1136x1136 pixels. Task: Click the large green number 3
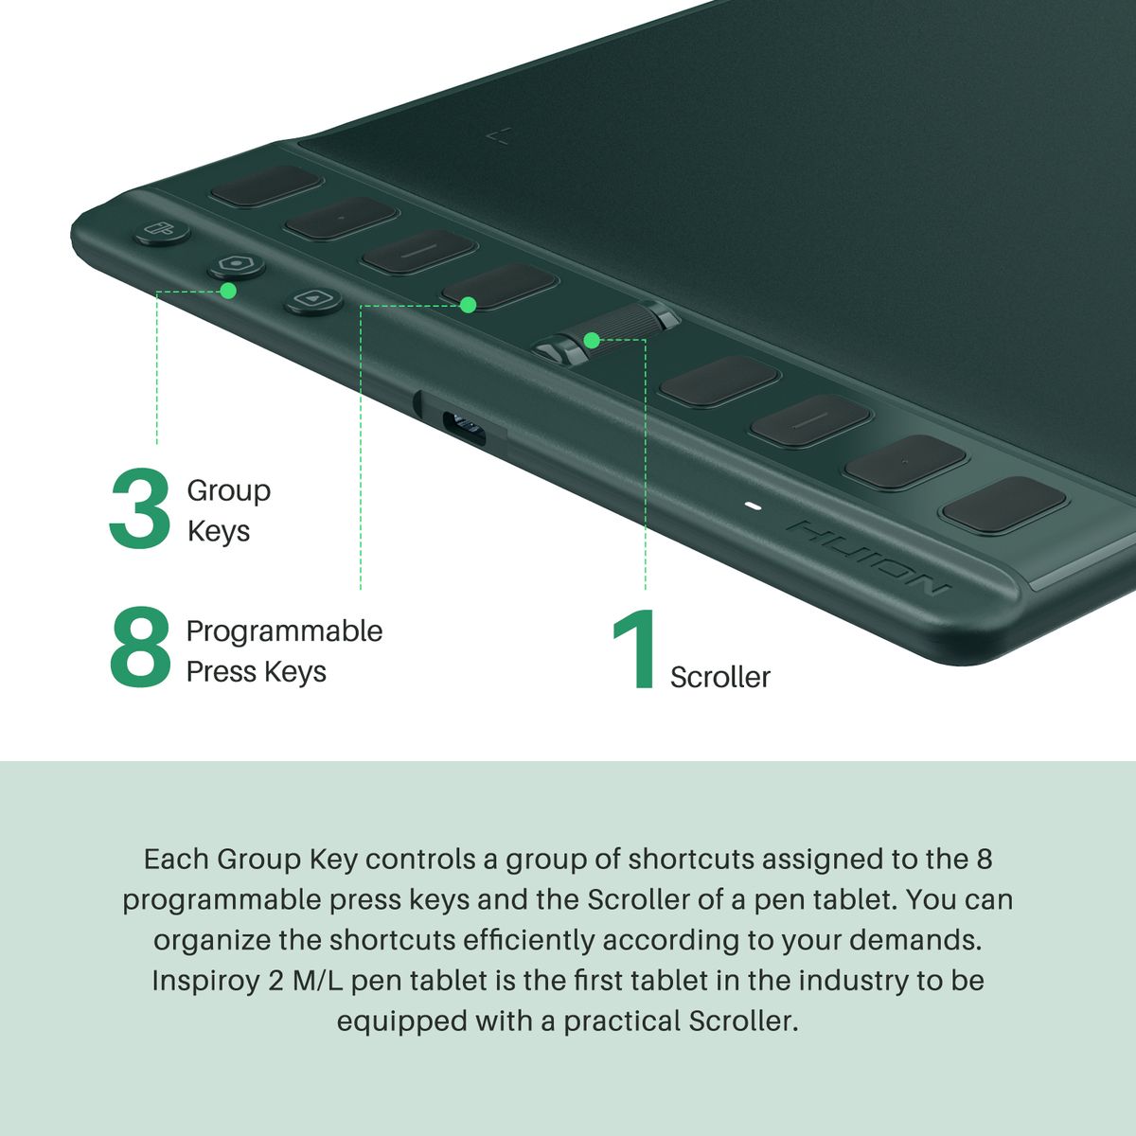140,508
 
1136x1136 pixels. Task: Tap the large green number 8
140,648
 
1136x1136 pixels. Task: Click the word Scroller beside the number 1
719,677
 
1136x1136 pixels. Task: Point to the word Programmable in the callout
284,632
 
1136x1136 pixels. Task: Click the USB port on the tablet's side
465,427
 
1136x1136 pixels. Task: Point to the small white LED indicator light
753,506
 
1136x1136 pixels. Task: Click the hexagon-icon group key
237,265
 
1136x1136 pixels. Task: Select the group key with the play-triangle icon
313,300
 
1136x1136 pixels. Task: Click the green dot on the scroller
593,340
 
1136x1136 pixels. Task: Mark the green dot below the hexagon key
228,291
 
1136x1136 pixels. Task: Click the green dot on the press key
468,305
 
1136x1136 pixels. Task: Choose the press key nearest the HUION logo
1004,506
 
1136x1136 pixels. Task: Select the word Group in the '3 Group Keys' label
229,491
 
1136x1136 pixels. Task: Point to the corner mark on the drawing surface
500,137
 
